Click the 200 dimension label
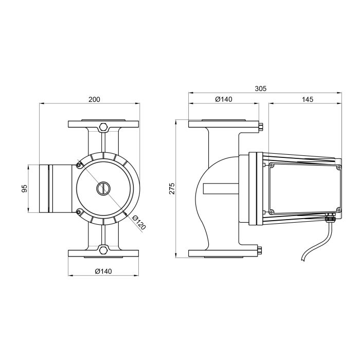(x=94, y=99)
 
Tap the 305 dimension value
(x=261, y=88)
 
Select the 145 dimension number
(x=308, y=99)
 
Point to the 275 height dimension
(x=172, y=189)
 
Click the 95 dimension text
(x=24, y=189)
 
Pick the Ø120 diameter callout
(x=139, y=223)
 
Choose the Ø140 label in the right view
(x=224, y=99)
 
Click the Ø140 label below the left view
(x=103, y=271)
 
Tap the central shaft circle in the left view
(x=103, y=189)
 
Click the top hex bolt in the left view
(x=103, y=127)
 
